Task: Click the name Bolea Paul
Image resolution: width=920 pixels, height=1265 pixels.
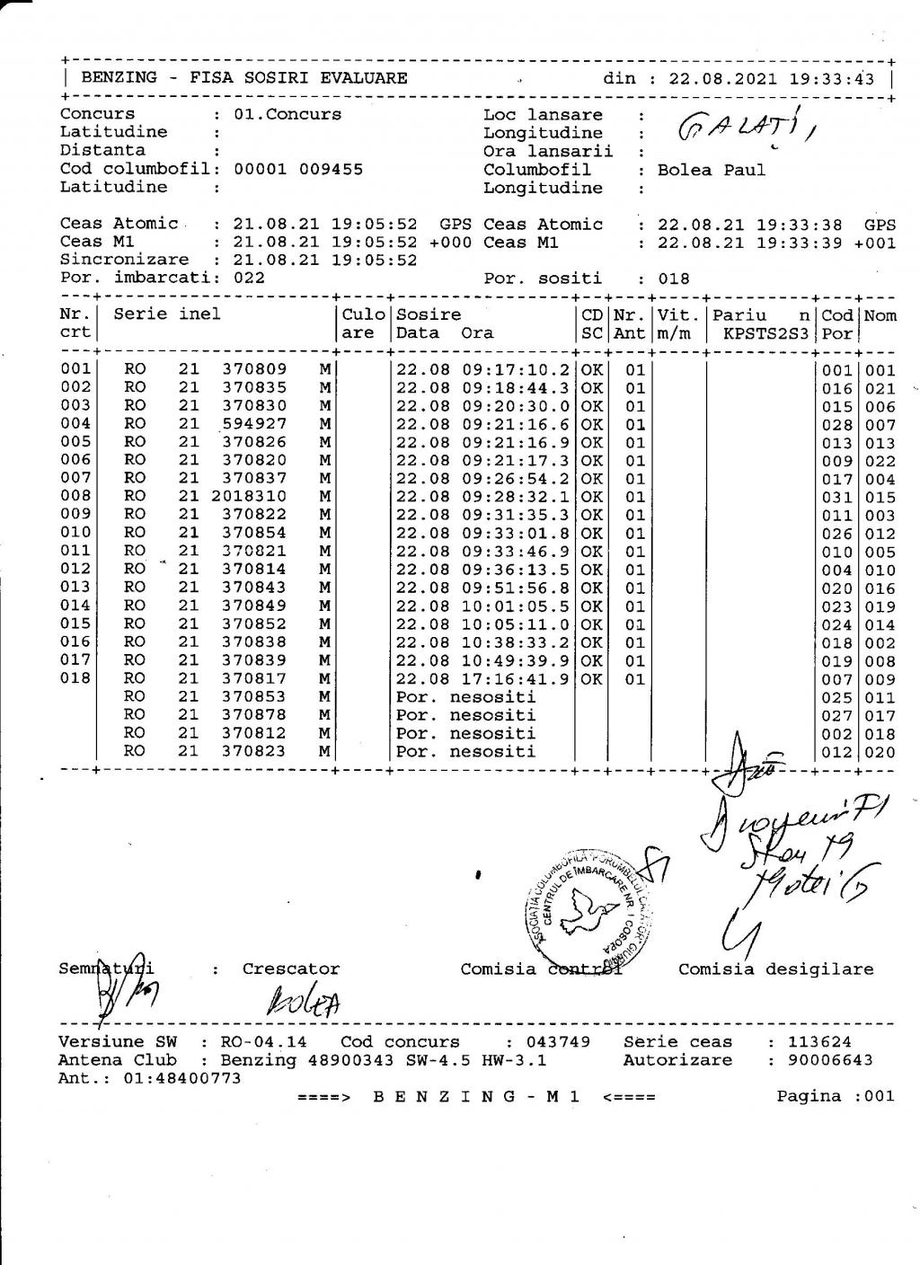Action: pos(712,170)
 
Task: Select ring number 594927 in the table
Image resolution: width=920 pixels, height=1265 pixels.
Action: pos(254,424)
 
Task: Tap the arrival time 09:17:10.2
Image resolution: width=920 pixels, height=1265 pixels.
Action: pos(516,370)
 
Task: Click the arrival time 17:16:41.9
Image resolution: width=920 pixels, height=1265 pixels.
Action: pos(516,678)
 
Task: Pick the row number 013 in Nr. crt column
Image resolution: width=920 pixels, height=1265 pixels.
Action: pos(75,588)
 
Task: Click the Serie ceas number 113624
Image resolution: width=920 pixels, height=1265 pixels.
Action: pos(819,1042)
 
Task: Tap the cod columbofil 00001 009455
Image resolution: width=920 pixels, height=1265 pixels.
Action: pos(298,169)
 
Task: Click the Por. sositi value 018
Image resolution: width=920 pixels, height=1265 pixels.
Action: pos(674,279)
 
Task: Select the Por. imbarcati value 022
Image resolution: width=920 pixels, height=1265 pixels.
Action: pos(249,278)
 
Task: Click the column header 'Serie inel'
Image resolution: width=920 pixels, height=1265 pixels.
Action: pos(167,314)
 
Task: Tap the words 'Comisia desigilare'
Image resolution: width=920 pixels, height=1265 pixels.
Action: pos(775,969)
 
